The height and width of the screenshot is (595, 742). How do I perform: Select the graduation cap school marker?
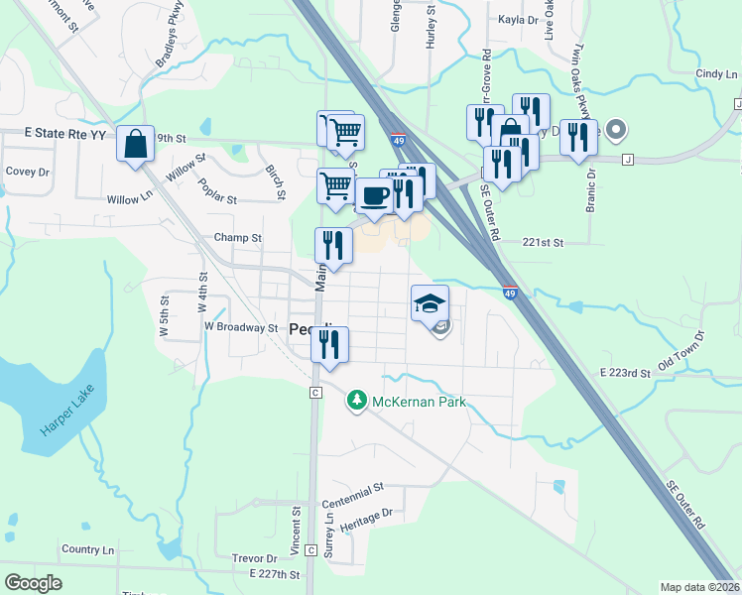431,302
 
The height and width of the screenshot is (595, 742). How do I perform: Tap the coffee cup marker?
373,194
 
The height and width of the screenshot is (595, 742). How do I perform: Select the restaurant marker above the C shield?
329,344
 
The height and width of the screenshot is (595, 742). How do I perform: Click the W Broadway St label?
241,326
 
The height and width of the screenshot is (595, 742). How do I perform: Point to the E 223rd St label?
624,373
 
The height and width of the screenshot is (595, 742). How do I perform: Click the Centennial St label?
352,490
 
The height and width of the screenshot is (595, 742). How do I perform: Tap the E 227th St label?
275,574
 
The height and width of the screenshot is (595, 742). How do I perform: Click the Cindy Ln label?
710,73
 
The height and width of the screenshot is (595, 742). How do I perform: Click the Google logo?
33,582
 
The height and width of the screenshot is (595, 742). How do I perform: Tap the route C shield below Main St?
313,394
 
